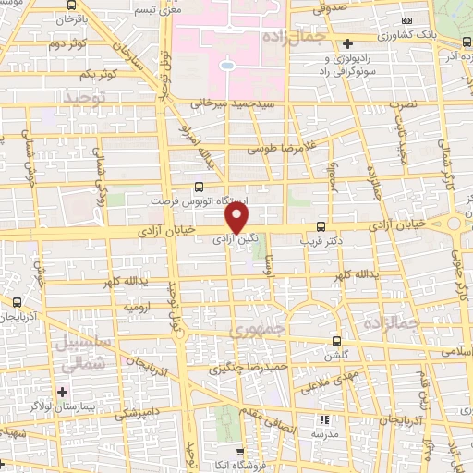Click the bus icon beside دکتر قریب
pyautogui.click(x=321, y=226)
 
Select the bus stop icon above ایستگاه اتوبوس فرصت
pyautogui.click(x=200, y=186)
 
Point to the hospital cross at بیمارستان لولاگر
pyautogui.click(x=61, y=392)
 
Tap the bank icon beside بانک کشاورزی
pyautogui.click(x=347, y=43)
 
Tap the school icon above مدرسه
pyautogui.click(x=324, y=419)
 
